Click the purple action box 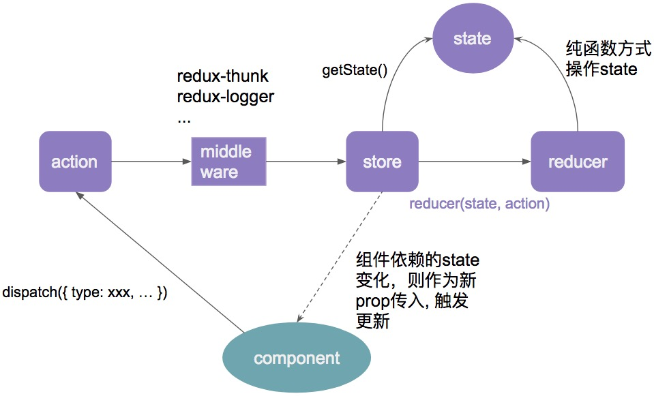click(x=75, y=162)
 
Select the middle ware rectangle click(x=228, y=162)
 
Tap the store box click(x=382, y=162)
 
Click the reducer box click(x=577, y=162)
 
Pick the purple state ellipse click(x=472, y=38)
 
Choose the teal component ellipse click(x=297, y=358)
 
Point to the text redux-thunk click(x=222, y=76)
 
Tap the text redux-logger click(x=225, y=96)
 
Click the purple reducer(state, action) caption click(x=479, y=203)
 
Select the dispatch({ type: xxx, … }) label click(x=85, y=292)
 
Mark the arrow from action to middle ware click(x=150, y=162)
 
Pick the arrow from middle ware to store click(x=306, y=162)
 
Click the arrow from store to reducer click(x=474, y=162)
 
